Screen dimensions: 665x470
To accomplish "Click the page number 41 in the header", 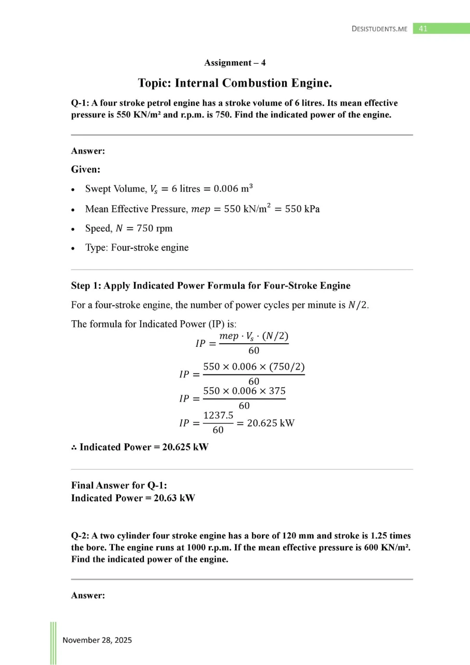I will pyautogui.click(x=422, y=29).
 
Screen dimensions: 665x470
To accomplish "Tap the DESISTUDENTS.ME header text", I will pyautogui.click(x=379, y=29).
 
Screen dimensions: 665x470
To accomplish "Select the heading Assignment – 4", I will pyautogui.click(x=235, y=63).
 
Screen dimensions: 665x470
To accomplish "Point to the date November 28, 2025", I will pyautogui.click(x=97, y=640).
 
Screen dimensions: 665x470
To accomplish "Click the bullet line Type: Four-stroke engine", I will pyautogui.click(x=137, y=248).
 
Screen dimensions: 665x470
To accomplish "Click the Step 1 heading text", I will pyautogui.click(x=211, y=286).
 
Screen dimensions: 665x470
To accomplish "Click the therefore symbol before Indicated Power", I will pyautogui.click(x=74, y=447).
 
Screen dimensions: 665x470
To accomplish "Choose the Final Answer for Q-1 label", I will pyautogui.click(x=119, y=486).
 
